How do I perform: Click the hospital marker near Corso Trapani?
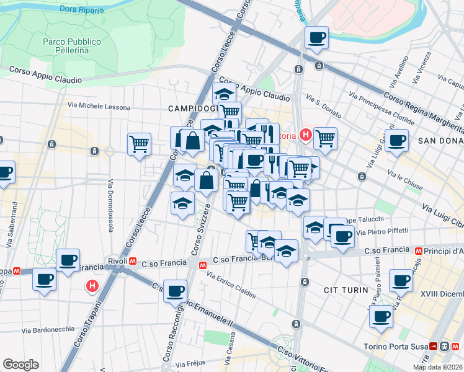pyautogui.click(x=92, y=286)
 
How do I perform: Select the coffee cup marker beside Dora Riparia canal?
pyautogui.click(x=316, y=38)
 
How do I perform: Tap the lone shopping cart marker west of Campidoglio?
pyautogui.click(x=139, y=144)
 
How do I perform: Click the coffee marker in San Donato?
pyautogui.click(x=396, y=139)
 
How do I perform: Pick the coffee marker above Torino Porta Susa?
pyautogui.click(x=381, y=317)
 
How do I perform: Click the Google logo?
pyautogui.click(x=20, y=365)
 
